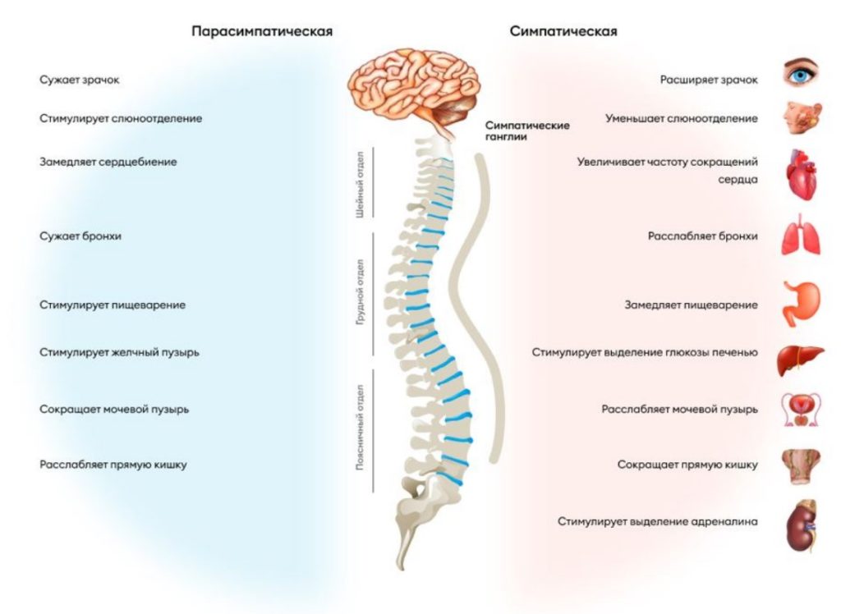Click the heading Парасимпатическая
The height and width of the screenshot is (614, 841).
click(x=262, y=31)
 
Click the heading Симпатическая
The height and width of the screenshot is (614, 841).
click(x=563, y=31)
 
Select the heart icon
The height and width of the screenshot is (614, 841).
click(x=800, y=174)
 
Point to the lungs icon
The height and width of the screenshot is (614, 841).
click(x=800, y=235)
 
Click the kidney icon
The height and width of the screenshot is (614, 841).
click(x=800, y=525)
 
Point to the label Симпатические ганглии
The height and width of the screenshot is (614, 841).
click(x=527, y=131)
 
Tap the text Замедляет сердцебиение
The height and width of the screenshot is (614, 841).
click(x=108, y=162)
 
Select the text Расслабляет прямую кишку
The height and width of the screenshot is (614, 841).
click(x=113, y=465)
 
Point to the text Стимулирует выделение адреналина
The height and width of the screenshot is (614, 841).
click(x=657, y=521)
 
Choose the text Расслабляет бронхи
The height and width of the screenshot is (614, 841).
click(x=702, y=236)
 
